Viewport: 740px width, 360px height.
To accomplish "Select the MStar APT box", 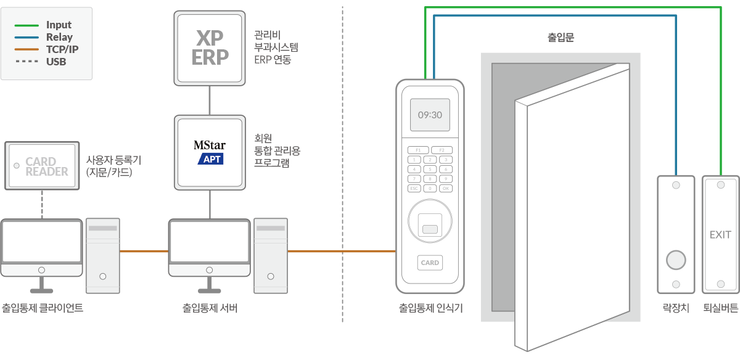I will (210, 152).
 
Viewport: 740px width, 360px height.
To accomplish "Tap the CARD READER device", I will (42, 166).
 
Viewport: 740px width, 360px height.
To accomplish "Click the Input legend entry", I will (59, 25).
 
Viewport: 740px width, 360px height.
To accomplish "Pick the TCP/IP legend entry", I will (62, 49).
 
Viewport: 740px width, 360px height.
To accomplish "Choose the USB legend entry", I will (56, 62).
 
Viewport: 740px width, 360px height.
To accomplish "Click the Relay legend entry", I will (59, 37).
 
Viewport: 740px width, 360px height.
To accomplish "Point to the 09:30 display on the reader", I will (430, 115).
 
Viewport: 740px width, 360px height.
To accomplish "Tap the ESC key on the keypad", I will (415, 188).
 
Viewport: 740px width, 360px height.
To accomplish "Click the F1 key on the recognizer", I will (417, 150).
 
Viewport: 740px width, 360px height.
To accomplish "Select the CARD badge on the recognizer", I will (430, 263).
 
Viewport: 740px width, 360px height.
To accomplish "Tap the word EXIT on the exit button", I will (720, 235).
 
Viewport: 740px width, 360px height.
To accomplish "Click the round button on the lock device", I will (676, 260).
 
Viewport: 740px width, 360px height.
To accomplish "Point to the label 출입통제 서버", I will (210, 308).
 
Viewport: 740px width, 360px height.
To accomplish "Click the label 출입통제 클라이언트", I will (43, 308).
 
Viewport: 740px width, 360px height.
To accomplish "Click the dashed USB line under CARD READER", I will (42, 204).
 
